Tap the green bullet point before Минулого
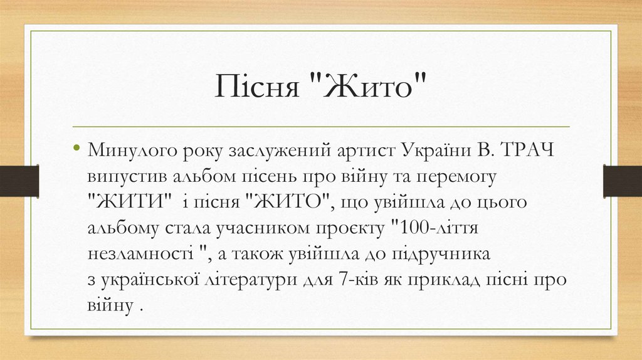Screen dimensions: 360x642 click(76, 149)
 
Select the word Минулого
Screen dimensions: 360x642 click(130, 151)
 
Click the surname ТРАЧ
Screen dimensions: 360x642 click(532, 151)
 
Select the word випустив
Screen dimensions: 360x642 click(122, 177)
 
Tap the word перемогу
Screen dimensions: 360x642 click(458, 177)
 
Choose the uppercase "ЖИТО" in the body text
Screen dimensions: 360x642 click(288, 203)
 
